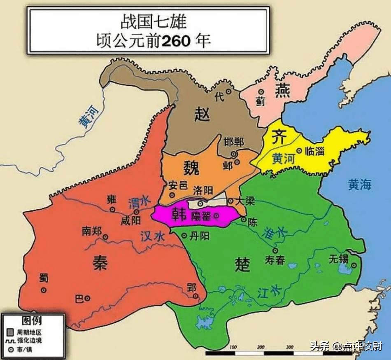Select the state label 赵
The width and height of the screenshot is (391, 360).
[202, 114]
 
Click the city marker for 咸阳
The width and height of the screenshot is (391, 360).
[136, 212]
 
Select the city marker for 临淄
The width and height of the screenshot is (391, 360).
[299, 151]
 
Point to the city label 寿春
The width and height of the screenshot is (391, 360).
[275, 261]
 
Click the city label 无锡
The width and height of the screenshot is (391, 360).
[339, 259]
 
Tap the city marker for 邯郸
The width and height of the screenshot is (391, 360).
[234, 154]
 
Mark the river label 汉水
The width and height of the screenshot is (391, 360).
[152, 236]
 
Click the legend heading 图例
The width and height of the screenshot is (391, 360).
[32, 320]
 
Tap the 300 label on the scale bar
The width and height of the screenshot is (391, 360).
[289, 347]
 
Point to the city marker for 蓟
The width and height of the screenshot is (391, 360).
[261, 92]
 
